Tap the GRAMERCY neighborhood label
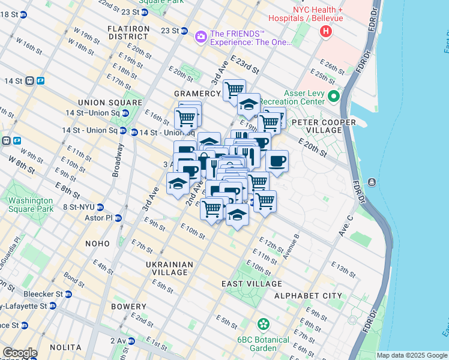[197, 94]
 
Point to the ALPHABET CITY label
[308, 296]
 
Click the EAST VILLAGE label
[252, 284]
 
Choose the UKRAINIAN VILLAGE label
[169, 268]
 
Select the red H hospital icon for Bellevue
[326, 31]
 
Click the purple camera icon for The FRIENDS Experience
[201, 37]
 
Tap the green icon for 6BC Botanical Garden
[263, 325]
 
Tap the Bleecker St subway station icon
[69, 294]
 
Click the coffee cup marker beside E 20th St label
[277, 160]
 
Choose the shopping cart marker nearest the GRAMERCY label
[234, 90]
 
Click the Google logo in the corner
[19, 353]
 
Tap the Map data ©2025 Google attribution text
[412, 355]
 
